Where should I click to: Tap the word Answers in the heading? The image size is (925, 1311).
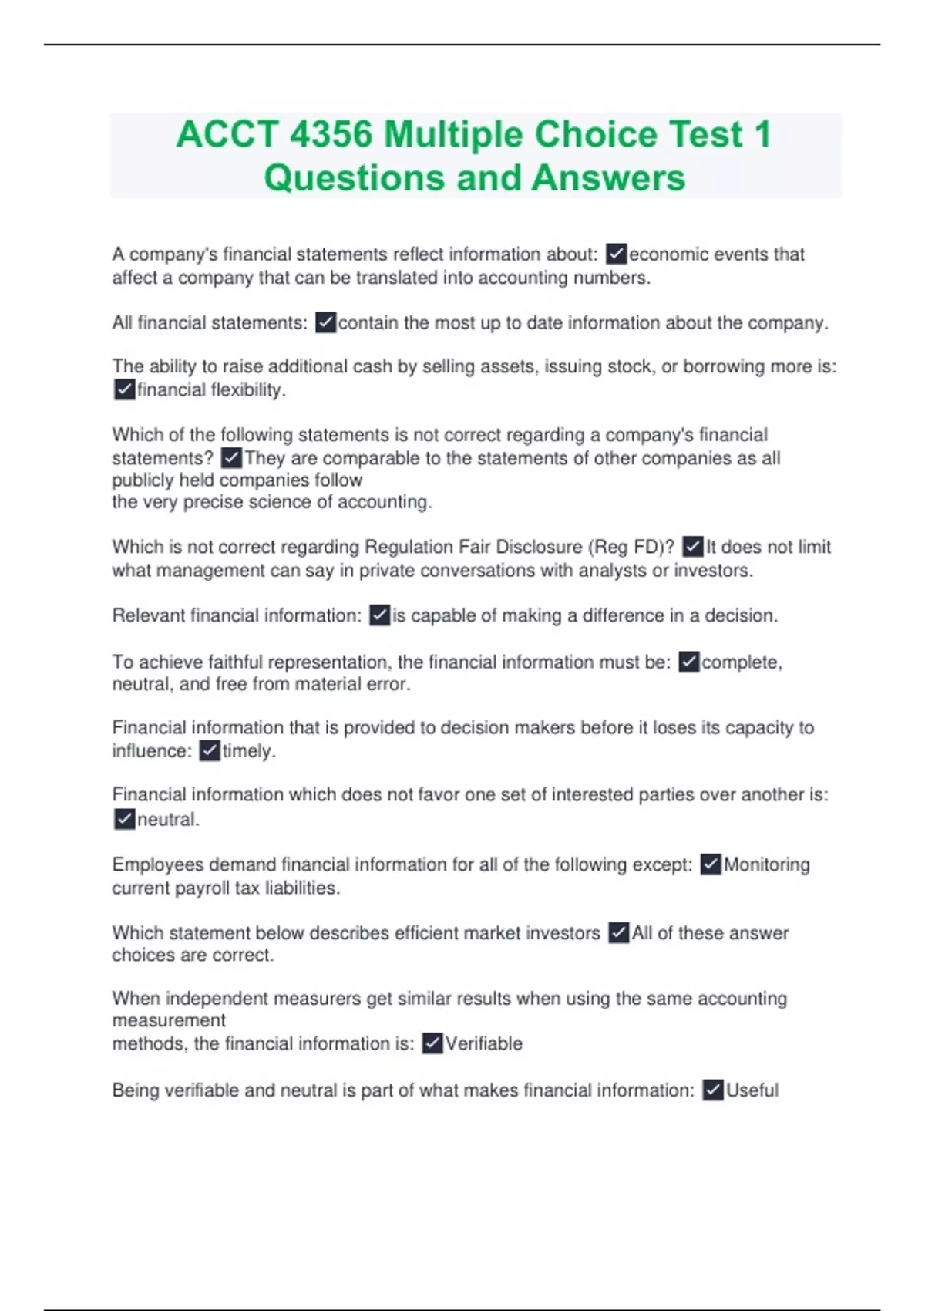(x=608, y=178)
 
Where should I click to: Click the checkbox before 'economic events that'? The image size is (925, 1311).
(x=616, y=254)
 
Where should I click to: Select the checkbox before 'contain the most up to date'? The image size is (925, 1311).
(x=326, y=322)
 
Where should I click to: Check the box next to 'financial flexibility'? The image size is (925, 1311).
(x=124, y=390)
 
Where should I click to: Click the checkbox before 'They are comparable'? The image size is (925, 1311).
(x=231, y=458)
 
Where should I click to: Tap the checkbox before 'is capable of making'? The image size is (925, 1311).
(x=379, y=615)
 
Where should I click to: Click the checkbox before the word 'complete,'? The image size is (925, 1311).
(x=688, y=662)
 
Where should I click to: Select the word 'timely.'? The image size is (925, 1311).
(x=248, y=751)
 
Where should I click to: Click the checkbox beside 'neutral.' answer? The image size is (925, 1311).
(x=124, y=819)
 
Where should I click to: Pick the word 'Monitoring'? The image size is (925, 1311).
(x=766, y=864)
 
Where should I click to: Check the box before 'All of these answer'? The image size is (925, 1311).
(x=618, y=933)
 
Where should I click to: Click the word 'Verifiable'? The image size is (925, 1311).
(x=483, y=1044)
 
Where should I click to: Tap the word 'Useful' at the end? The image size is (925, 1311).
(x=752, y=1090)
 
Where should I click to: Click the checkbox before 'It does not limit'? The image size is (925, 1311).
(x=693, y=548)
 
